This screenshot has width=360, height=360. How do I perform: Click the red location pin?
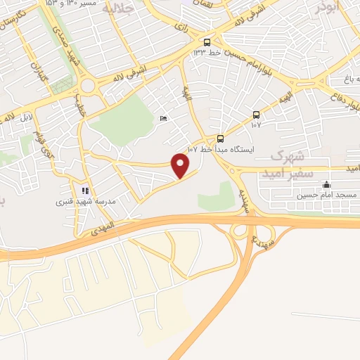[x=181, y=166]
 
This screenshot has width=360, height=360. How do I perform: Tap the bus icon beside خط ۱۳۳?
[x=207, y=41]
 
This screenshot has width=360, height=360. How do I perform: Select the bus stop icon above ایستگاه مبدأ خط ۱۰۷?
[x=221, y=139]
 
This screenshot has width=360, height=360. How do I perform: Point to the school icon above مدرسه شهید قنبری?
[x=84, y=190]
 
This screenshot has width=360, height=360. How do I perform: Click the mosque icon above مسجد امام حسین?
[x=326, y=186]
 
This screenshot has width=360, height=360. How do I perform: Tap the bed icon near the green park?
[x=163, y=119]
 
